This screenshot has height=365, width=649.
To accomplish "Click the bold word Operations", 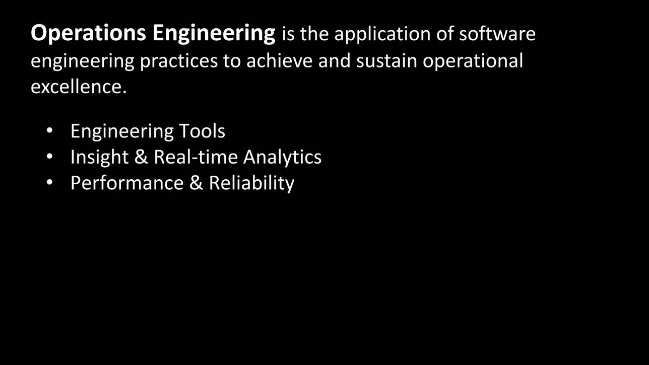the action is click(88, 34).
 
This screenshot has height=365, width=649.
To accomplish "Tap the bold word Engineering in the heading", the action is click(214, 34).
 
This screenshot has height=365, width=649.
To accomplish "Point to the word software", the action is click(497, 33).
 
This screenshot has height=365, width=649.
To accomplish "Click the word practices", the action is click(179, 61).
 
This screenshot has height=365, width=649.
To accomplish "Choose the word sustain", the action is click(386, 60).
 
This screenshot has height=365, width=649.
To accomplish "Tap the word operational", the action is click(473, 61).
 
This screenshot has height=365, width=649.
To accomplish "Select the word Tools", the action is click(202, 131).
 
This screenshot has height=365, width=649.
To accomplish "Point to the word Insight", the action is click(99, 158).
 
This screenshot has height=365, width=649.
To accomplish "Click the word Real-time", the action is click(196, 157).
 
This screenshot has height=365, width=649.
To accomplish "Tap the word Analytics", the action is click(282, 158).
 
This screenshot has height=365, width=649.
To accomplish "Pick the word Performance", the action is click(127, 183).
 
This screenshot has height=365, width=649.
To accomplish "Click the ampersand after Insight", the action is click(141, 157).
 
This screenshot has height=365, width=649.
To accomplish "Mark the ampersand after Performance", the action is click(196, 183).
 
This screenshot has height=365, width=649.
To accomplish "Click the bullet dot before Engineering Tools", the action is click(49, 130).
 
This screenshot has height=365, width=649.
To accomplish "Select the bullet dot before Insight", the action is click(49, 156).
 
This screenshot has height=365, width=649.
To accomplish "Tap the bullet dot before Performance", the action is click(49, 182).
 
